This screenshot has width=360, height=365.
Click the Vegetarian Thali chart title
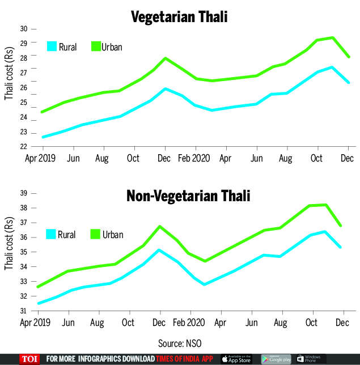coord(179,17)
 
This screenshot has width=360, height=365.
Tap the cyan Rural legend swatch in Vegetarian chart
coord(52,46)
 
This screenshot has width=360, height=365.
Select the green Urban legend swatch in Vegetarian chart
coord(96,46)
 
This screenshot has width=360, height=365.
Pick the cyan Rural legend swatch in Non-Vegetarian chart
coord(52,234)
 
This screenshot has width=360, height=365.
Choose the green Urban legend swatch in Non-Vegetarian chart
coord(96,234)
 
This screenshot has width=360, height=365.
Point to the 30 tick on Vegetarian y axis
coord(24,29)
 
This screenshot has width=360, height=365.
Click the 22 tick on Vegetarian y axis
coord(24,147)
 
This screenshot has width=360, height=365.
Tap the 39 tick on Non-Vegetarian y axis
coord(24,193)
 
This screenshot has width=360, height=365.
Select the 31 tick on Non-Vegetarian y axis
coord(24,311)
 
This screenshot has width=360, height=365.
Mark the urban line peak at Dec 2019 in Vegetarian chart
coord(165,58)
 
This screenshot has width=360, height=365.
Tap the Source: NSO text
coord(180,342)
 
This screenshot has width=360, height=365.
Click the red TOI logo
coord(28,359)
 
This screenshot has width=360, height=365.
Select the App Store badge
coord(237,359)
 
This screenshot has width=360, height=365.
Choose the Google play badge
coord(276,359)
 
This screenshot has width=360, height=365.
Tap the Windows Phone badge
coord(311,359)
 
